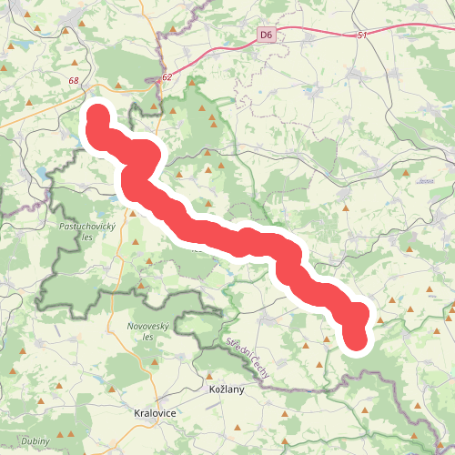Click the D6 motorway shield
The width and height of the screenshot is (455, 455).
pyautogui.click(x=266, y=35)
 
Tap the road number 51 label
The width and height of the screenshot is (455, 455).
pyautogui.click(x=361, y=35)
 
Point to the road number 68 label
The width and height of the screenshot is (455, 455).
pyautogui.click(x=73, y=81)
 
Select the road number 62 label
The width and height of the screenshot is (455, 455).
pyautogui.click(x=167, y=78)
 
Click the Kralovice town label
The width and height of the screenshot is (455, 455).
pyautogui.click(x=155, y=412)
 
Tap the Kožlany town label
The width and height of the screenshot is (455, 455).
pyautogui.click(x=218, y=389)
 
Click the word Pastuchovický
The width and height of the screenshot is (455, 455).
pyautogui.click(x=85, y=225)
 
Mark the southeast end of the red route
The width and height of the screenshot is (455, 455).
pyautogui.click(x=356, y=340)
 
